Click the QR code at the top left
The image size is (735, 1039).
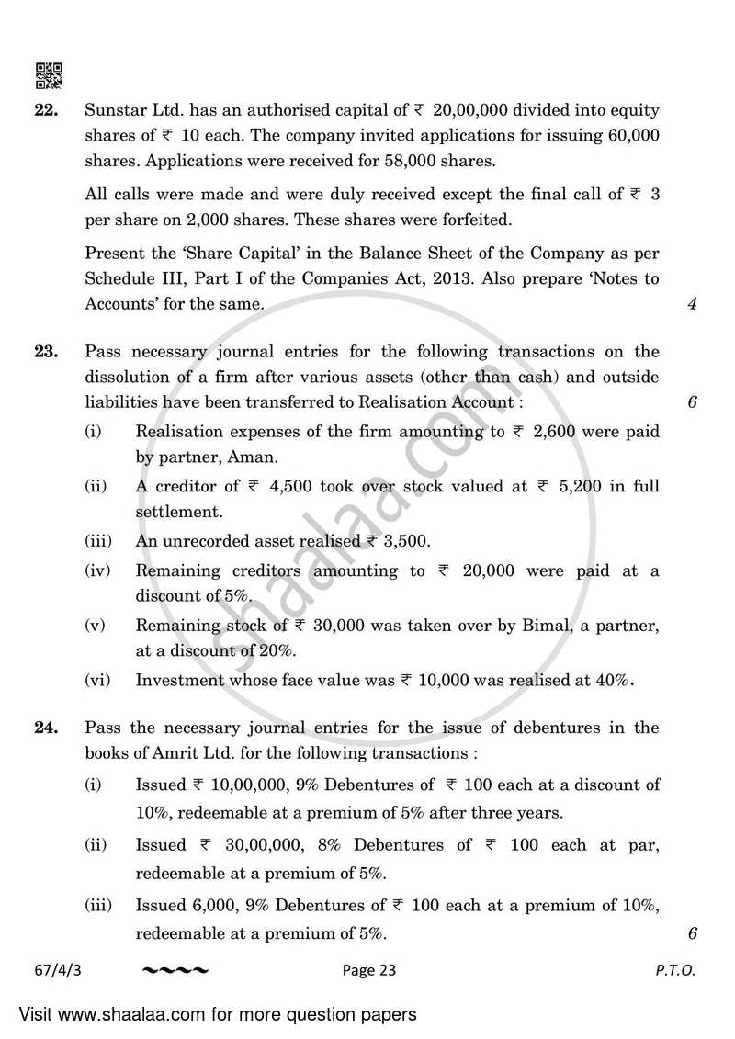click(49, 76)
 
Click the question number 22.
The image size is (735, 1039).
click(46, 111)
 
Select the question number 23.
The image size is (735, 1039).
click(46, 352)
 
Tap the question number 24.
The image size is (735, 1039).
click(46, 728)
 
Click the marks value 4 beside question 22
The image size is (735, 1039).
click(691, 304)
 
